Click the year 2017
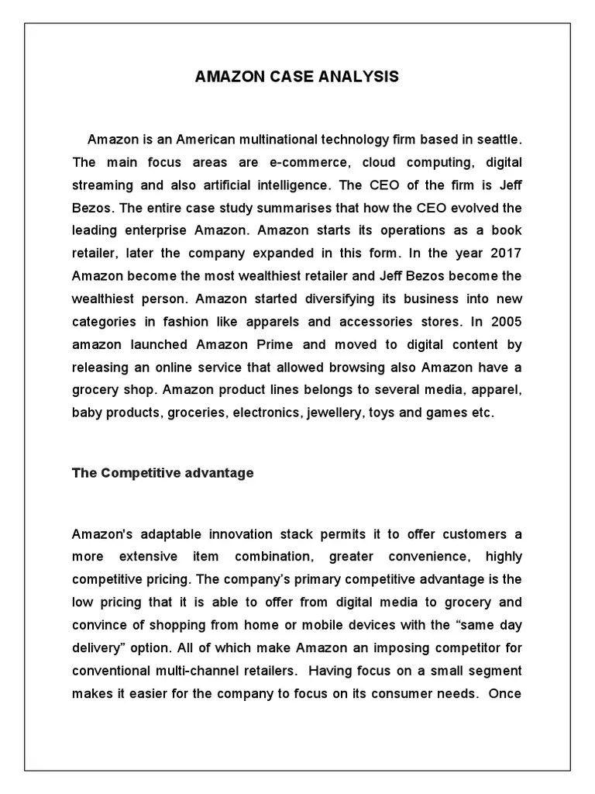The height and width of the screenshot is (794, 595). point(502,254)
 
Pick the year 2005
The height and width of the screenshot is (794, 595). point(503,322)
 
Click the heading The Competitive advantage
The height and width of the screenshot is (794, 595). point(163,473)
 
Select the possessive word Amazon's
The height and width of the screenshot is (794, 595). point(103,534)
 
